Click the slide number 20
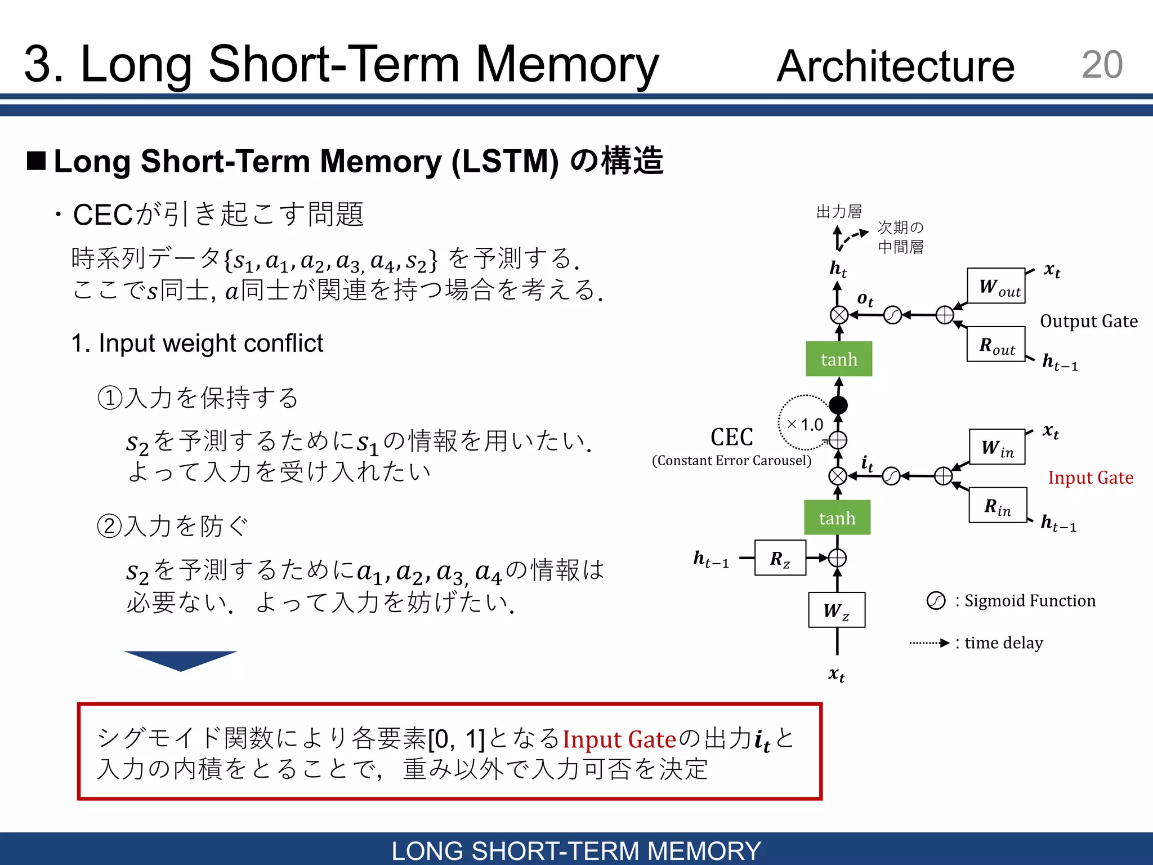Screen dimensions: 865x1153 click(1102, 65)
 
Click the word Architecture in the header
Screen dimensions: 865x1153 click(895, 66)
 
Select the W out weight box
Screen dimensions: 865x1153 click(996, 286)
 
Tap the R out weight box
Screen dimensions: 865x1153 click(996, 344)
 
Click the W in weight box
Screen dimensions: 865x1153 click(997, 447)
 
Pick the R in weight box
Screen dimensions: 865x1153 click(998, 506)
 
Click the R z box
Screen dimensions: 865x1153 click(780, 558)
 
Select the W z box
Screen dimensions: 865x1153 click(837, 610)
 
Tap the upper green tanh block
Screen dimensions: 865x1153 click(839, 359)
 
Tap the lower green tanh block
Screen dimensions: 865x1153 click(837, 518)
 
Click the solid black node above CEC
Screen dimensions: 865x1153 click(838, 404)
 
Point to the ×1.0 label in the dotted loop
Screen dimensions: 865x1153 click(805, 425)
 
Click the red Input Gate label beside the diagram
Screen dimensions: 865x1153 click(1091, 478)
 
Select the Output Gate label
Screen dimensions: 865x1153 click(1088, 321)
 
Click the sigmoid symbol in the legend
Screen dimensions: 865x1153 click(936, 601)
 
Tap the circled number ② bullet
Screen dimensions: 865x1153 click(109, 527)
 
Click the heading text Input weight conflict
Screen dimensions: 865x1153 click(197, 344)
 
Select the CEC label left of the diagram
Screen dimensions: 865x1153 click(731, 438)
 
